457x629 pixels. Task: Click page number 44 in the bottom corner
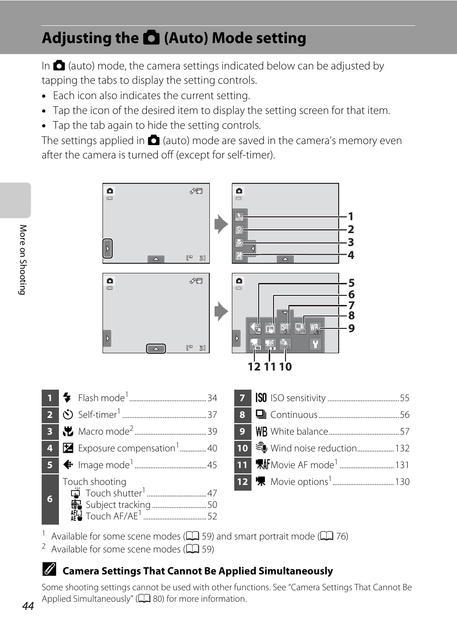point(28,606)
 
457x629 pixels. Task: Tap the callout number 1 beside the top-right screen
point(351,216)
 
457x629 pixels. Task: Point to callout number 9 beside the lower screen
point(351,328)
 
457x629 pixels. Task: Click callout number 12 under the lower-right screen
point(254,367)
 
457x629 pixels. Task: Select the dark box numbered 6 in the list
point(50,499)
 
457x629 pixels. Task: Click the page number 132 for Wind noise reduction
point(402,449)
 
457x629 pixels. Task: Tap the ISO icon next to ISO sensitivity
point(261,398)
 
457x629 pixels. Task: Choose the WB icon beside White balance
point(261,432)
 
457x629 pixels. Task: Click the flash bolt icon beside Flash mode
point(68,398)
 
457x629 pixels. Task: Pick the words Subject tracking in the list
point(118,505)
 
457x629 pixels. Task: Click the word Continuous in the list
point(294,415)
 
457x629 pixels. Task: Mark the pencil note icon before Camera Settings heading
point(49,569)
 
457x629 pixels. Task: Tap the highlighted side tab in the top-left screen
point(108,248)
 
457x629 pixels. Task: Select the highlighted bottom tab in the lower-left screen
point(156,348)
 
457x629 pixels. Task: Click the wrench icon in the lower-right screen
point(315,344)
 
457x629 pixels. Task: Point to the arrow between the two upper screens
point(221,224)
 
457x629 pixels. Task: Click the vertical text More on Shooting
point(23,259)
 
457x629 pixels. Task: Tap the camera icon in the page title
point(151,38)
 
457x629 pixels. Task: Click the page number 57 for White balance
point(404,432)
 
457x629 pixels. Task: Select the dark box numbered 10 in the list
point(242,449)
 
